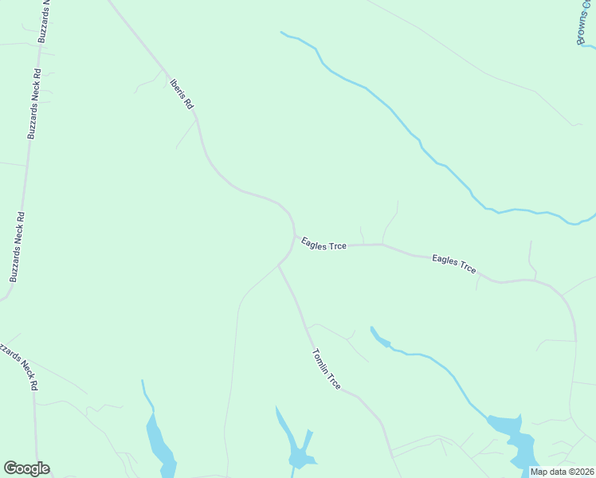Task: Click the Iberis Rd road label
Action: pyautogui.click(x=182, y=92)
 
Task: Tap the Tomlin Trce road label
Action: pyautogui.click(x=327, y=369)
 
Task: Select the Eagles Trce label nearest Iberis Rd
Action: pyautogui.click(x=323, y=241)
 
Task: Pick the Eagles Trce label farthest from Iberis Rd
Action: pyautogui.click(x=454, y=264)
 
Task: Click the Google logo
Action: pyautogui.click(x=26, y=468)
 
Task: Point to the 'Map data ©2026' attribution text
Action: pyautogui.click(x=561, y=472)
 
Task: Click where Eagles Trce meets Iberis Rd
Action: pyautogui.click(x=296, y=236)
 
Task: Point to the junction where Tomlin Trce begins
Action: pyautogui.click(x=278, y=265)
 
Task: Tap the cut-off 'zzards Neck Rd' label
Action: pyautogui.click(x=21, y=364)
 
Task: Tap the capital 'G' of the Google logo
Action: pyautogui.click(x=11, y=468)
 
